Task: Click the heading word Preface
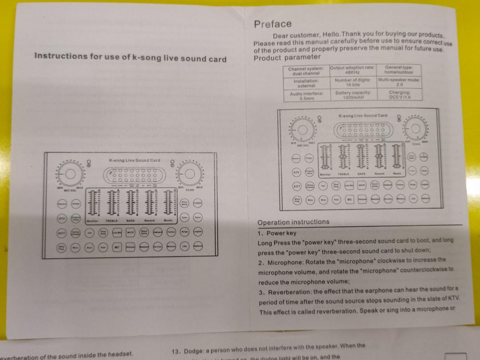[273, 24]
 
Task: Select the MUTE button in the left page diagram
[131, 232]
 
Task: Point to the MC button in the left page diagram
[117, 247]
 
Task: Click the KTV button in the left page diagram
[62, 219]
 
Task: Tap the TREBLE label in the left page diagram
[111, 220]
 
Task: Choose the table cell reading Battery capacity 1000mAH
[353, 95]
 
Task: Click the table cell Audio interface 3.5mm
[307, 96]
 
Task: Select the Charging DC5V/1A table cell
[399, 95]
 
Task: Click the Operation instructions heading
[293, 222]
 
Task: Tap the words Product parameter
[287, 57]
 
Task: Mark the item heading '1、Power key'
[276, 233]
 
